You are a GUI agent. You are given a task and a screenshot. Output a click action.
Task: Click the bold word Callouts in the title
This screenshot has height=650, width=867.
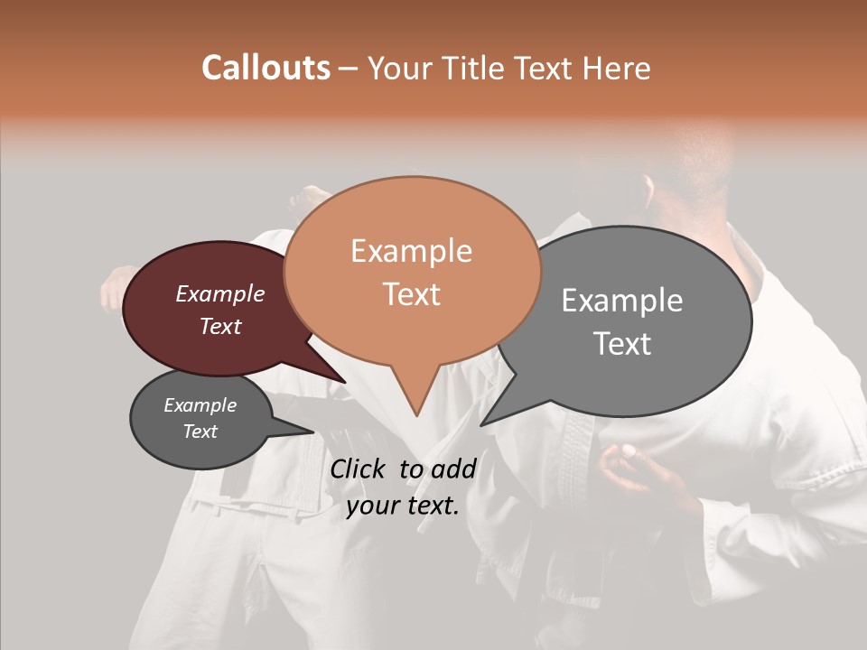point(266,68)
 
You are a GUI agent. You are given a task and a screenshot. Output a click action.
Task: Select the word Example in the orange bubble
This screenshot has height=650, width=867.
point(411,251)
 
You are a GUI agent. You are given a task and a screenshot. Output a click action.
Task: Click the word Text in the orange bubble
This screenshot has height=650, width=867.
point(411,294)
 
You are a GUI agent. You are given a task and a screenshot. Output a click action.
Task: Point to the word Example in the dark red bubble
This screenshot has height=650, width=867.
point(219,293)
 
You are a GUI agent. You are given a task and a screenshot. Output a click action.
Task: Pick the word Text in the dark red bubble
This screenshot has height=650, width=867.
point(220,326)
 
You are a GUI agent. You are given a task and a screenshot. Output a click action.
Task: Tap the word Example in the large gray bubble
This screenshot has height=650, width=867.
point(621,301)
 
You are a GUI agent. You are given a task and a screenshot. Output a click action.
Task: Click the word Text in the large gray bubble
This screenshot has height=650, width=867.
point(622,344)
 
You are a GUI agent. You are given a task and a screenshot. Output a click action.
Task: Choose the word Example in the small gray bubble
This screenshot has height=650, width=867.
point(200,405)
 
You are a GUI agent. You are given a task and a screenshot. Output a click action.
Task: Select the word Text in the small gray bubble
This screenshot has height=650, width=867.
point(200,432)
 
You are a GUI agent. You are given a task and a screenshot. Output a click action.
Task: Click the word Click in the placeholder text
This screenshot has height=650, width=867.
point(360,469)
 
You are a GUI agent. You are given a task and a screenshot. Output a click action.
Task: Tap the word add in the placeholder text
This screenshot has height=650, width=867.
point(453,469)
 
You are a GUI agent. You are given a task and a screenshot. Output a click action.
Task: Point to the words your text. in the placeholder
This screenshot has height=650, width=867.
point(403,506)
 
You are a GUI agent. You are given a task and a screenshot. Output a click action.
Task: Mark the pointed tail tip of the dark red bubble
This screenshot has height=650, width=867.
point(345,383)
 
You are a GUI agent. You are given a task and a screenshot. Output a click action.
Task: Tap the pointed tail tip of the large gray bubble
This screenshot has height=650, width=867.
point(481,424)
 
